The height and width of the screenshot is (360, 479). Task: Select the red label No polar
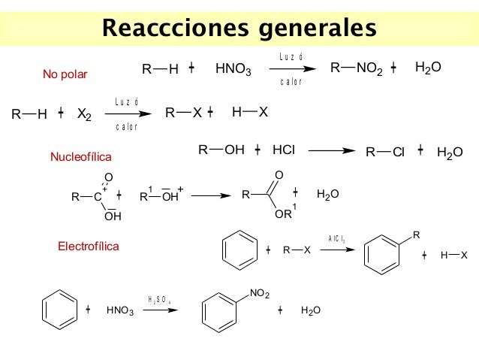[65, 74]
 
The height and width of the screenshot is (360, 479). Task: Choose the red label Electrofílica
[88, 246]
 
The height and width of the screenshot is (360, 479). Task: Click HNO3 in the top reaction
[233, 70]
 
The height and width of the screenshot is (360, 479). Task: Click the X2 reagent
[84, 115]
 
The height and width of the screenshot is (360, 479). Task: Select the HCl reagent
[283, 150]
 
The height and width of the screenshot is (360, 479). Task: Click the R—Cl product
[385, 152]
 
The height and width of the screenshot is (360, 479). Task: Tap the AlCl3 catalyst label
[336, 239]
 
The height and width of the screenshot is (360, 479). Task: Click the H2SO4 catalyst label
[160, 299]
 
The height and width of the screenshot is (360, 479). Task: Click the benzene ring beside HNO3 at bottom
[60, 310]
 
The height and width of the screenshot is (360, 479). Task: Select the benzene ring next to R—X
[240, 250]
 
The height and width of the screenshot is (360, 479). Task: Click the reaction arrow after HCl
[331, 150]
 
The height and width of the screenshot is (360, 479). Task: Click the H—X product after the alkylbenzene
[453, 256]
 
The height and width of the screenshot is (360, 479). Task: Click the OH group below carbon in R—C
[113, 216]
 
